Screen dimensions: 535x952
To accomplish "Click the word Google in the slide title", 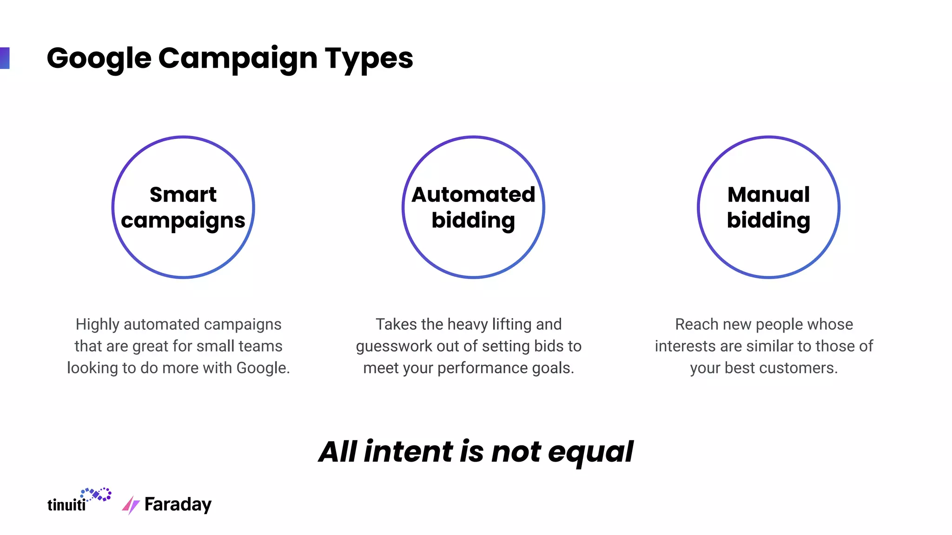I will (99, 59).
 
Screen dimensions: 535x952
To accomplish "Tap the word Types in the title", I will (369, 59).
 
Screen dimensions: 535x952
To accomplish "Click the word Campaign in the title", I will (238, 59).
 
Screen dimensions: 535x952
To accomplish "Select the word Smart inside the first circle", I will (183, 195).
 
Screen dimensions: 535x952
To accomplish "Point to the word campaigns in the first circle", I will (183, 221).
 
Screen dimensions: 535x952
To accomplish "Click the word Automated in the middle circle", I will (473, 195).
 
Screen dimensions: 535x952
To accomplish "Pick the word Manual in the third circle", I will (768, 195).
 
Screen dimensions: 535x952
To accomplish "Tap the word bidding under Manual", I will (768, 220).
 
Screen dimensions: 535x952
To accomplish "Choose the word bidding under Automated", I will (473, 220).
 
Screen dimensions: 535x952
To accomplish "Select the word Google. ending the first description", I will (263, 368).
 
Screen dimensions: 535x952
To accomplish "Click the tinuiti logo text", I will (66, 504).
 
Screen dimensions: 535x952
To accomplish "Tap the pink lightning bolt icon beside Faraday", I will (131, 505).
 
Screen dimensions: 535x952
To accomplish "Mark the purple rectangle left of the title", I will (5, 58).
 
